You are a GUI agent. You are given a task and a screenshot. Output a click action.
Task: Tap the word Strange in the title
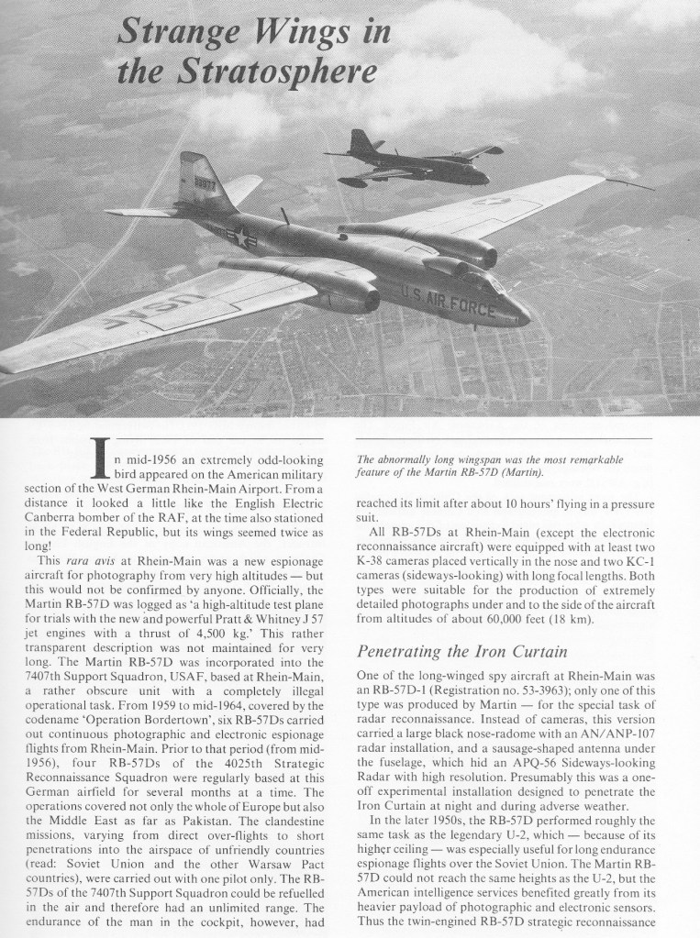pyautogui.click(x=172, y=33)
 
